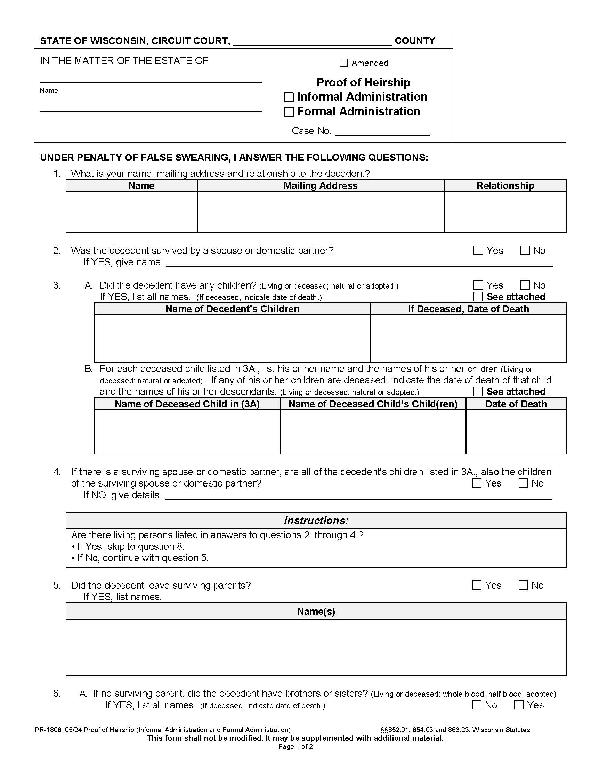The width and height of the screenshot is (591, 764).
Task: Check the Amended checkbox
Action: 343,63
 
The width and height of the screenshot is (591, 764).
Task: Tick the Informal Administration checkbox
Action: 289,97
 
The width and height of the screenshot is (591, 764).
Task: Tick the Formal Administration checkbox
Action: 289,112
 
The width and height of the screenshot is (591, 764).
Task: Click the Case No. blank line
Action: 382,132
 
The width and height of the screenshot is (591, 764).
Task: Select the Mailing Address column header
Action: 321,186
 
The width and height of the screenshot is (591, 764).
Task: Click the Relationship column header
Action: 505,186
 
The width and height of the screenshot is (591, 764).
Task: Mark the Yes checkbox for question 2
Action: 478,250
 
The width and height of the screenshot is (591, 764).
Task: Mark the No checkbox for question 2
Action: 525,250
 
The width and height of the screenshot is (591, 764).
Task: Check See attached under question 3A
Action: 478,297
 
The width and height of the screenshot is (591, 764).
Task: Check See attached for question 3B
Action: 478,391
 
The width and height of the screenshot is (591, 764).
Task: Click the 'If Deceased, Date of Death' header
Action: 468,309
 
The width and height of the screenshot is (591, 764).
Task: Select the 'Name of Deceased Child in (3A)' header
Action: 187,404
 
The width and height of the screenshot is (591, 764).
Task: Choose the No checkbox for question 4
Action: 523,483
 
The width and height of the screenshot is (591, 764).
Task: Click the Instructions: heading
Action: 316,521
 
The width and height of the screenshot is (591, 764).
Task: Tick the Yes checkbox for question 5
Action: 477,585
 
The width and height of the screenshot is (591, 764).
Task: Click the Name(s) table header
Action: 316,611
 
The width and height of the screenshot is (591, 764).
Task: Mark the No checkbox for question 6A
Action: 477,705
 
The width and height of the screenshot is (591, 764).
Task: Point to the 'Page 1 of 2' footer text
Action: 295,747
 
